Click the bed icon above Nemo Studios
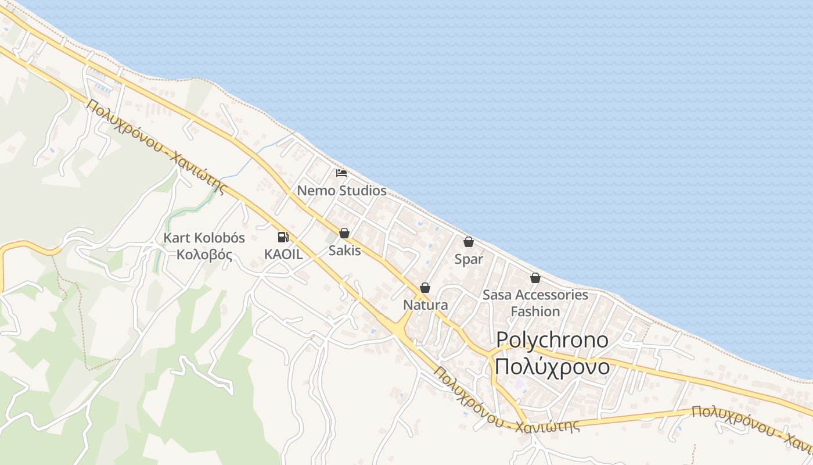pyautogui.click(x=341, y=173)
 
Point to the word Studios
pyautogui.click(x=363, y=191)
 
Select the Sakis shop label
pyautogui.click(x=344, y=251)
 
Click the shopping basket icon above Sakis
pyautogui.click(x=344, y=233)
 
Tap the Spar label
pyautogui.click(x=469, y=259)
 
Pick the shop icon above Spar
pyautogui.click(x=469, y=242)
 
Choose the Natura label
pyautogui.click(x=425, y=305)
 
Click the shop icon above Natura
pyautogui.click(x=425, y=288)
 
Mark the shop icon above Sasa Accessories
pyautogui.click(x=535, y=278)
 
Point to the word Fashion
pyautogui.click(x=535, y=312)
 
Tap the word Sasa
pyautogui.click(x=497, y=295)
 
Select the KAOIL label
pyautogui.click(x=283, y=255)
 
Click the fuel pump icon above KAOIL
pyautogui.click(x=283, y=237)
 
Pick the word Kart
pyautogui.click(x=175, y=238)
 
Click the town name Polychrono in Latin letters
pyautogui.click(x=552, y=341)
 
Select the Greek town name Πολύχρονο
pyautogui.click(x=552, y=367)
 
